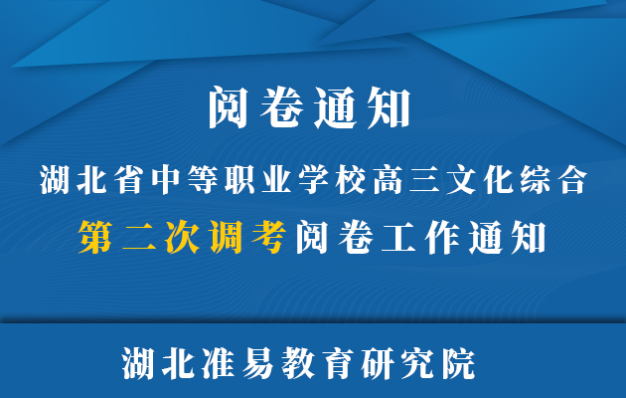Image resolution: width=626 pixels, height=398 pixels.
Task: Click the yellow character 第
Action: (95, 237)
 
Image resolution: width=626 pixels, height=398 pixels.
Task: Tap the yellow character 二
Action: (139, 237)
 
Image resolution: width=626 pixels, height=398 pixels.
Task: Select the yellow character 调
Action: (226, 237)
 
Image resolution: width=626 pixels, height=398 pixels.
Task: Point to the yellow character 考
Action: (269, 237)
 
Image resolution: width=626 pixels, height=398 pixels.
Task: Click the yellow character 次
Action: (183, 237)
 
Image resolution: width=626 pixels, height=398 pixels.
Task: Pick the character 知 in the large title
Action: (391, 107)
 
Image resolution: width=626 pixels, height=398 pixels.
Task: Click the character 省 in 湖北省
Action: (128, 180)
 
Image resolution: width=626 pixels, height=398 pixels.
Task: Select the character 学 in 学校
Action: (313, 180)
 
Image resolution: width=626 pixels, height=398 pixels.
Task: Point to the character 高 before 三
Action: (388, 180)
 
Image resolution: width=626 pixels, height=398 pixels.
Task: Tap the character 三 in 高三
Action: (424, 180)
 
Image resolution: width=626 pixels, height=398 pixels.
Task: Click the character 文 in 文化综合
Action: (461, 180)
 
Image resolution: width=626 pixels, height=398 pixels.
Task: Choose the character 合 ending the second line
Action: (573, 180)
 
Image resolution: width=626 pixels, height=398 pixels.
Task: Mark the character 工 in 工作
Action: (398, 238)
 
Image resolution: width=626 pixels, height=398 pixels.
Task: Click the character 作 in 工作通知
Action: (442, 238)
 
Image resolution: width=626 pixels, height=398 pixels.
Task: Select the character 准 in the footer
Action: (218, 363)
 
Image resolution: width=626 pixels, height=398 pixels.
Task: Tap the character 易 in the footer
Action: (257, 363)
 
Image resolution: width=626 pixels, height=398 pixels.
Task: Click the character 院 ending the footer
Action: (459, 363)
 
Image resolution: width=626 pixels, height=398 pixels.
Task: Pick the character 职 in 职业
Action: (239, 180)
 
